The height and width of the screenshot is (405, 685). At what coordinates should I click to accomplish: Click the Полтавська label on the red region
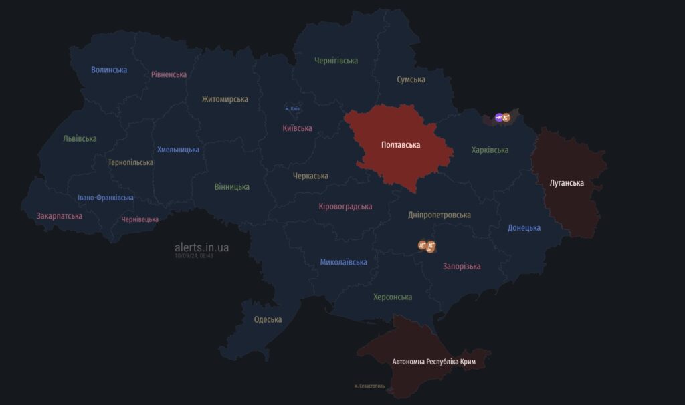[x=400, y=144]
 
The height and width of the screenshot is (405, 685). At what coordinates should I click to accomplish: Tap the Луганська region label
[x=567, y=183]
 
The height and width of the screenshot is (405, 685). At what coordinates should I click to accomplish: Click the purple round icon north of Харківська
[x=498, y=118]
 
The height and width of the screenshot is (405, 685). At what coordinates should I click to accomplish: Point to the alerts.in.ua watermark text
[x=201, y=247]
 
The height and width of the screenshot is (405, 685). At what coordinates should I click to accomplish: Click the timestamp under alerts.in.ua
[x=194, y=255]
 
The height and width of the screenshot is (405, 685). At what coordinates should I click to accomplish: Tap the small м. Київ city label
[x=292, y=108]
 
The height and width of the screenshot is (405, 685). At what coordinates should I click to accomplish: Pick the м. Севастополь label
[x=370, y=386]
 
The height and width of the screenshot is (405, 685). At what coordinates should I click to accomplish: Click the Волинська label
[x=109, y=70]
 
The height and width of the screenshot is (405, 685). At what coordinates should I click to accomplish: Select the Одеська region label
[x=268, y=319]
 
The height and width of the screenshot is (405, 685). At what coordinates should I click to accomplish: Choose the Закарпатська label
[x=60, y=216]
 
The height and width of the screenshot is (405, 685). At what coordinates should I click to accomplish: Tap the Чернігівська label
[x=336, y=61]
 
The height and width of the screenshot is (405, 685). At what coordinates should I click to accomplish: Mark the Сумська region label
[x=411, y=80]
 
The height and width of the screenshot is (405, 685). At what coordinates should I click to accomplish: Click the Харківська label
[x=490, y=150]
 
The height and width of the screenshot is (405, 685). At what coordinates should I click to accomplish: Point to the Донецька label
[x=524, y=228]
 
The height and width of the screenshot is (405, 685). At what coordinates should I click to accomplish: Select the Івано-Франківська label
[x=105, y=198]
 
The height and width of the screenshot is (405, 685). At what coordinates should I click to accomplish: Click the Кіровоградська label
[x=345, y=207]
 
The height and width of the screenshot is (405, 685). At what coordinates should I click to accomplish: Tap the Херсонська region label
[x=393, y=297]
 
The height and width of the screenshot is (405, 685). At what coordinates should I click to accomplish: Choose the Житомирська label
[x=225, y=99]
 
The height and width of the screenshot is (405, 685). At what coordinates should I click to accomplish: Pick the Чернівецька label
[x=140, y=219]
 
